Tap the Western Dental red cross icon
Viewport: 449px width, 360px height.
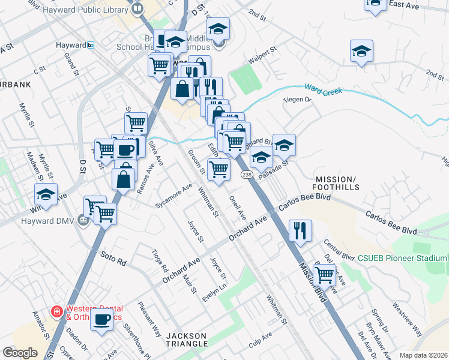[56, 311]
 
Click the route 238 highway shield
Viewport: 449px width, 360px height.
[247, 175]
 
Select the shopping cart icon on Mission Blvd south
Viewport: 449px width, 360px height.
[325, 274]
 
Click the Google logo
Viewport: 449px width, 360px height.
[20, 353]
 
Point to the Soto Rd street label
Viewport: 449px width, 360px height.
[113, 259]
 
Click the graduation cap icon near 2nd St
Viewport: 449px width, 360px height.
[362, 51]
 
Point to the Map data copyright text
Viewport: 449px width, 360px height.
[423, 355]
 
